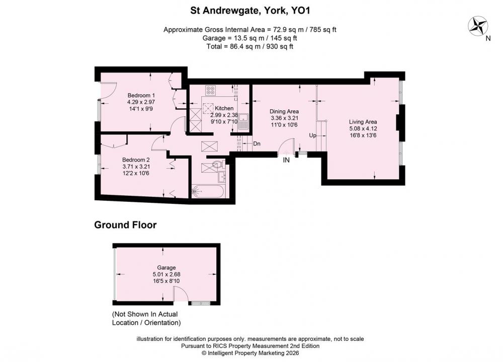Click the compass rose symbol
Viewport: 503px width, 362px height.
478,26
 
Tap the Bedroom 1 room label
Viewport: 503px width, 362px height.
141,95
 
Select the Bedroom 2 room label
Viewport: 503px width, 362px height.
136,160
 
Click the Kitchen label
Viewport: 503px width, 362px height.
224,108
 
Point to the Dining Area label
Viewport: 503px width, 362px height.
284,111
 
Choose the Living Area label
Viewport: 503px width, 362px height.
363,122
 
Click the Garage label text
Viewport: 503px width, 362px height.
166,267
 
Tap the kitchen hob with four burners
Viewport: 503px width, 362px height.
210,90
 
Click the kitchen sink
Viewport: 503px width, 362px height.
243,121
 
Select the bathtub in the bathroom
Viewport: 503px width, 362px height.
208,191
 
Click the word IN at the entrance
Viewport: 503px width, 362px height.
286,160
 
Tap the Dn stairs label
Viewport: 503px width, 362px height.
257,143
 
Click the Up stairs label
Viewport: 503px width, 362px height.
312,135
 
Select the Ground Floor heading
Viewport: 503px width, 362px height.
125,225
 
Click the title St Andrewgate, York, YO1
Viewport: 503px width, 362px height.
250,11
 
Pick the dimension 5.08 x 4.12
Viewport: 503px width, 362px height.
363,128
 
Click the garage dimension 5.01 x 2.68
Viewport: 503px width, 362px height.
166,274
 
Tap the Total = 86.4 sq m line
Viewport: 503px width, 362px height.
250,46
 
